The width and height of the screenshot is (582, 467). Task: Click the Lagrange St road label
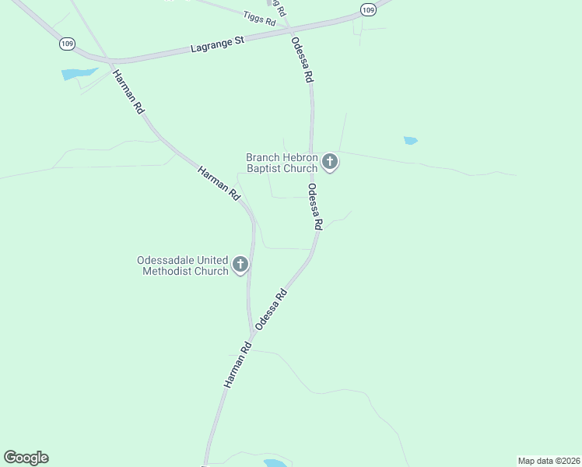[218, 44]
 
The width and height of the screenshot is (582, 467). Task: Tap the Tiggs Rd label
[259, 18]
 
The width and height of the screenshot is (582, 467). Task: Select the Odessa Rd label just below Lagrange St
[303, 60]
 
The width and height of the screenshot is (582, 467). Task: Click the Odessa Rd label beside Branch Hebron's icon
[314, 206]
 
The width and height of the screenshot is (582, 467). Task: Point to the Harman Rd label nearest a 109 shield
[128, 93]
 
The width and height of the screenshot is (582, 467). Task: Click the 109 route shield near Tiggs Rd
[368, 9]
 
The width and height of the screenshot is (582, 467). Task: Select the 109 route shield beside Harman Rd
[67, 44]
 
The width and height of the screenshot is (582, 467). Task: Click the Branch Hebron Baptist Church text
[282, 162]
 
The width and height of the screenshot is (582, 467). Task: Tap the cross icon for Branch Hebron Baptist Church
[330, 162]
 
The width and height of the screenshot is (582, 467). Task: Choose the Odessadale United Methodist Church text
[182, 265]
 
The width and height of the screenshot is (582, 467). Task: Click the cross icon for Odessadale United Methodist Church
[240, 265]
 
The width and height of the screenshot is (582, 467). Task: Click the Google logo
[26, 458]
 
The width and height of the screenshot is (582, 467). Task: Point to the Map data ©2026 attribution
[549, 461]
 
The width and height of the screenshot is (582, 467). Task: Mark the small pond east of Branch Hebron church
[410, 141]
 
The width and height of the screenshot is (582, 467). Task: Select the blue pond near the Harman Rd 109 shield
[78, 74]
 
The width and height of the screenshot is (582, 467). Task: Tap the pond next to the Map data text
[274, 463]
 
